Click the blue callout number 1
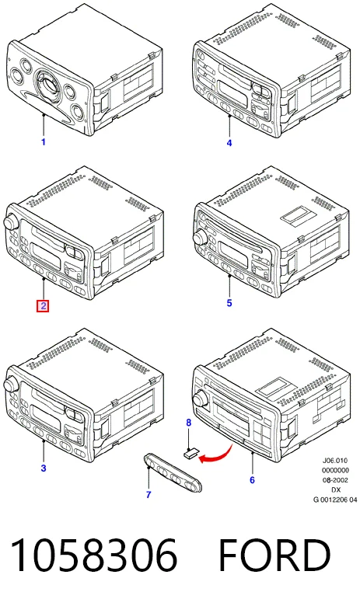click(x=44, y=142)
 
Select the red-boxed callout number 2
click(x=43, y=306)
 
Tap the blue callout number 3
click(x=44, y=468)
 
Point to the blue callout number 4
click(x=229, y=143)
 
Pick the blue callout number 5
click(x=229, y=303)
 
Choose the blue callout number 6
click(x=252, y=480)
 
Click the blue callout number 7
click(x=149, y=494)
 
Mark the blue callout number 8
click(x=189, y=423)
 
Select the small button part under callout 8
click(x=190, y=453)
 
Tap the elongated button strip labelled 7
click(x=173, y=472)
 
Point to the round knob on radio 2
click(x=10, y=223)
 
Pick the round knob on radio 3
click(x=10, y=385)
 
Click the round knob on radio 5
click(x=201, y=236)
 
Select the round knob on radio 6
click(x=201, y=398)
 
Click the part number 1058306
click(x=94, y=555)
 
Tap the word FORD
click(x=275, y=555)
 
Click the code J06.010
click(x=335, y=460)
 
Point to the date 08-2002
click(x=335, y=480)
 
